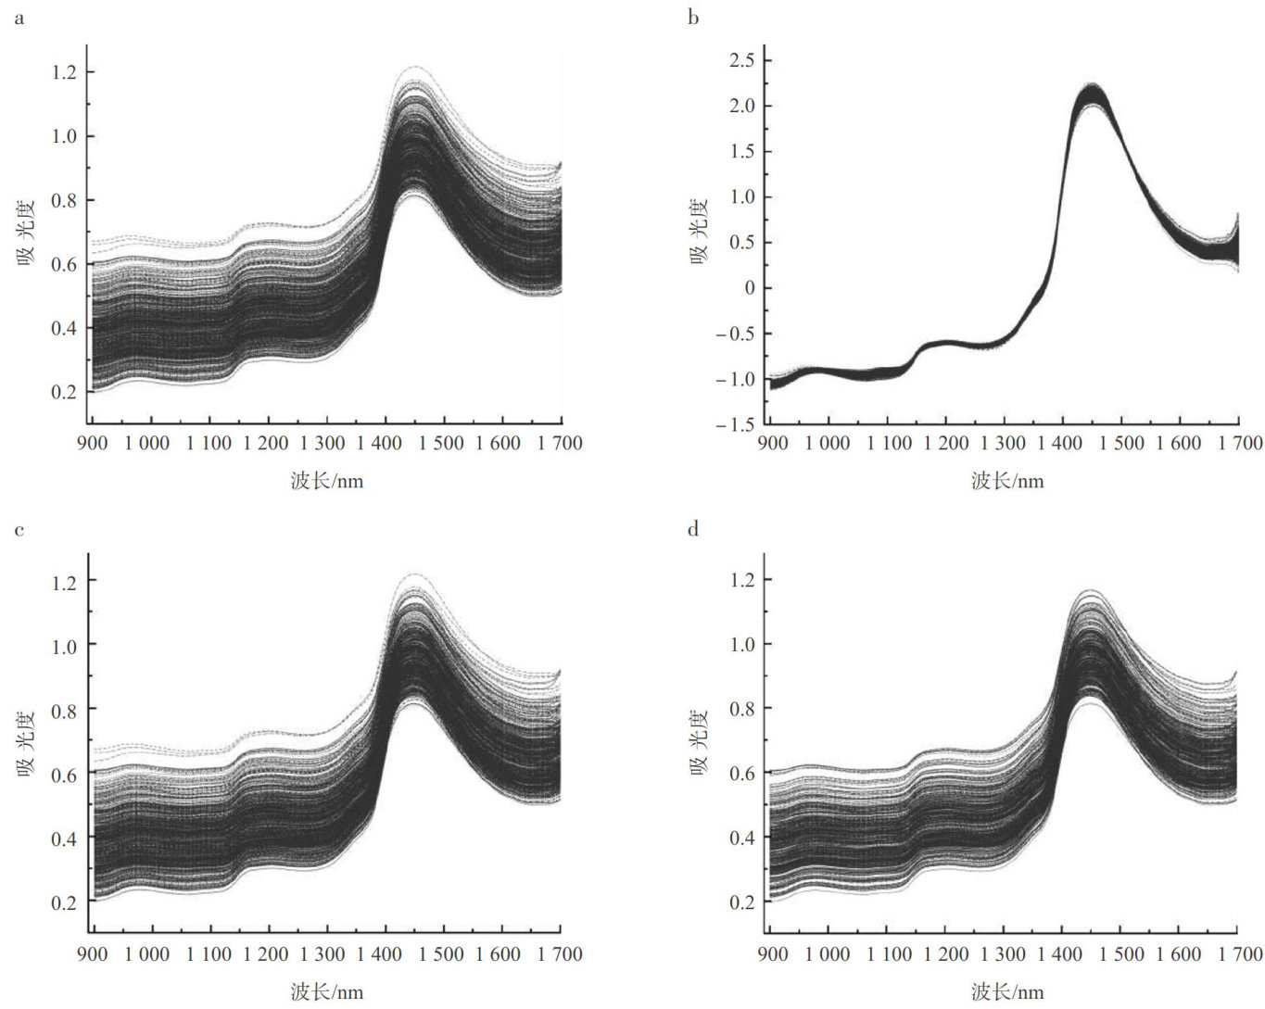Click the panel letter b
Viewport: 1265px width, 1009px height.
[x=693, y=18]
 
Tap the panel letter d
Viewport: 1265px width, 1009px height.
[x=693, y=530]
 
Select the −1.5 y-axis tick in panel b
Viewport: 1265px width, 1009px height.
[x=738, y=424]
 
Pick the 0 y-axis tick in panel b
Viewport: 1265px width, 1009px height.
[x=750, y=288]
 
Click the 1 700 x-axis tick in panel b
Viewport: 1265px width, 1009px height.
[x=1235, y=443]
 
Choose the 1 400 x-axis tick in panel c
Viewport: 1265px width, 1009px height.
[x=385, y=953]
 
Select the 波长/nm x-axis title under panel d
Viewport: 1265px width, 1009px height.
[x=1007, y=992]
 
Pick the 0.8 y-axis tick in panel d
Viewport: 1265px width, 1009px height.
[x=741, y=709]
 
